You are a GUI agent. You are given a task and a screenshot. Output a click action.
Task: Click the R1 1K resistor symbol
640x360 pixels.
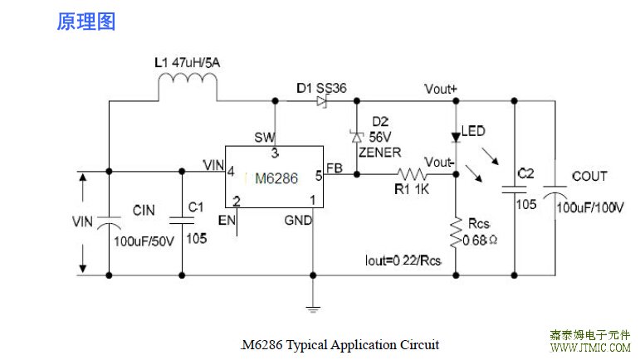(x=412, y=174)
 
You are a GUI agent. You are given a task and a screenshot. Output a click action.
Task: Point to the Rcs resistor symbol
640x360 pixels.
(x=455, y=231)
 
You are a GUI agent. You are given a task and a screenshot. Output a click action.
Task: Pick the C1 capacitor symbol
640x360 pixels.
(x=181, y=220)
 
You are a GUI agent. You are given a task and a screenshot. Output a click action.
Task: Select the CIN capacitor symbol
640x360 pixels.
(x=110, y=221)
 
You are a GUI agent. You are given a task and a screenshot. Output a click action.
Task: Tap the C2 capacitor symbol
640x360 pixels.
(x=515, y=190)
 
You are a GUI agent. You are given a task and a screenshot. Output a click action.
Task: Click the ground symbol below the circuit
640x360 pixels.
(x=313, y=309)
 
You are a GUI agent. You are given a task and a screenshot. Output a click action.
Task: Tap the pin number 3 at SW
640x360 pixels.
(x=275, y=153)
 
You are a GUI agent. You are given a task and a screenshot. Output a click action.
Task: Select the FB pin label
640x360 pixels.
(x=334, y=167)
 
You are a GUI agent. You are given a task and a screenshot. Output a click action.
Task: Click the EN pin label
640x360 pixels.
(x=226, y=220)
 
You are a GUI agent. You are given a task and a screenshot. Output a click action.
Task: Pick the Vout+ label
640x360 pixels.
(x=440, y=89)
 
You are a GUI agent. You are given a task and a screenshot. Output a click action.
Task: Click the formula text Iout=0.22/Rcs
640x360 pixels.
(x=403, y=260)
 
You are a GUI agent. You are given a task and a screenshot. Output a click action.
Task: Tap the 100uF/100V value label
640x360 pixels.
(x=589, y=207)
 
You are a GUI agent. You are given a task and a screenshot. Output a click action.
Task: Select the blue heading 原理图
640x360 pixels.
(x=85, y=22)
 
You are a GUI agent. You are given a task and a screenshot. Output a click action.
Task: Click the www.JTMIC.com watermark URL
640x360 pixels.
(x=590, y=348)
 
